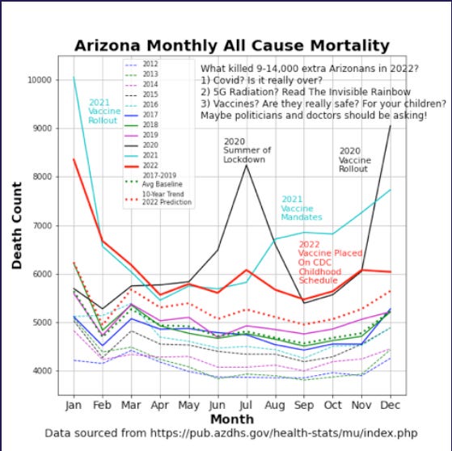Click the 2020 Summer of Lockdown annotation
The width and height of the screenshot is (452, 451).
247,150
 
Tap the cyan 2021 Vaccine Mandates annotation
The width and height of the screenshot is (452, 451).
302,208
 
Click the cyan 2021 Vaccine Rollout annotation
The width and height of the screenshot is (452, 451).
103,111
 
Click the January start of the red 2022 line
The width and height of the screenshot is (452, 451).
74,159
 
